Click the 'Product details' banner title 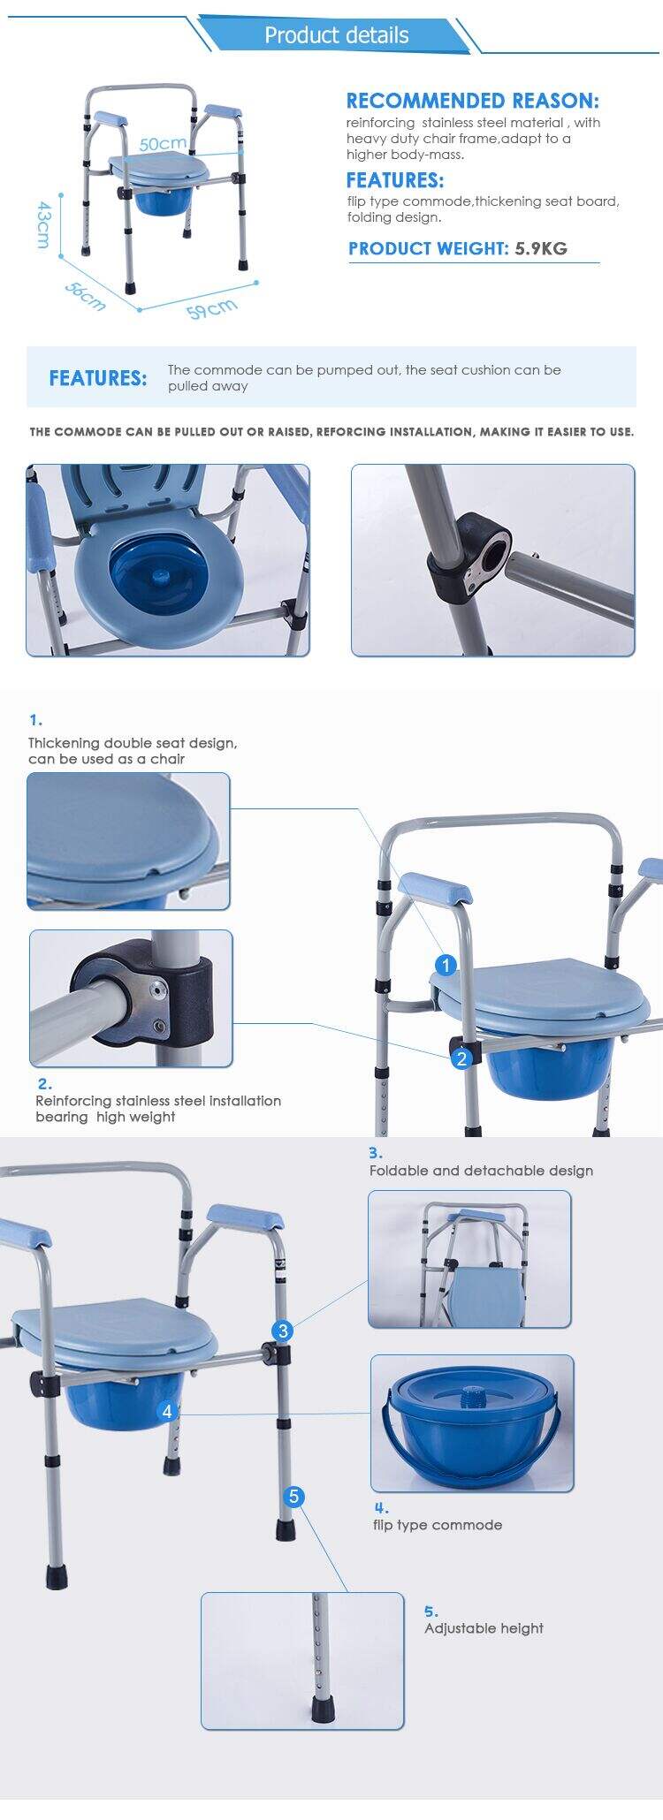point(336,35)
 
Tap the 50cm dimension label point(162,143)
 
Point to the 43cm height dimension point(42,224)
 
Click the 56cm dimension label point(85,296)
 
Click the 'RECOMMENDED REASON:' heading point(472,101)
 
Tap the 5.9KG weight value point(541,248)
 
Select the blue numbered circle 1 point(446,965)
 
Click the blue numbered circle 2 point(461,1058)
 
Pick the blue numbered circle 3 point(283,1331)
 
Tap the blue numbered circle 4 point(167,1411)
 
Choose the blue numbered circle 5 point(294,1496)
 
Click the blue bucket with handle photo point(471,1423)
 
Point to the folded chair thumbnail point(469,1259)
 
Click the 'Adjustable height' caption point(484,1628)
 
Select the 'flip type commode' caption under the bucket point(437,1525)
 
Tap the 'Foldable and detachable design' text point(481,1171)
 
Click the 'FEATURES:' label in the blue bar point(97,378)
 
